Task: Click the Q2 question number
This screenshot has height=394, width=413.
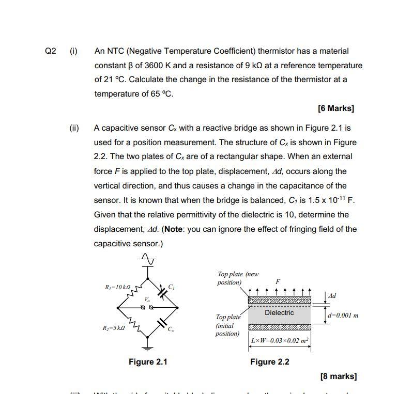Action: pos(50,51)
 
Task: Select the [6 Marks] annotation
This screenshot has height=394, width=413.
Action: pos(336,108)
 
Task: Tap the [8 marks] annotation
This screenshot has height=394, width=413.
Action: pos(338,376)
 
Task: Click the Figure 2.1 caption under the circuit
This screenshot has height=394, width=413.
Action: pos(148,362)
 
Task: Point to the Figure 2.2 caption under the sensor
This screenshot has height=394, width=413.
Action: pos(270,362)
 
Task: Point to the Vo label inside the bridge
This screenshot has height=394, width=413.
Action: pos(147,299)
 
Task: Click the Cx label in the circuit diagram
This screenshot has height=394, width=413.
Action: pos(171,329)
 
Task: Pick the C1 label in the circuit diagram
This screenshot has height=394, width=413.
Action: pos(171,287)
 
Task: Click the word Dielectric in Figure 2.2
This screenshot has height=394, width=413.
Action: pos(279,313)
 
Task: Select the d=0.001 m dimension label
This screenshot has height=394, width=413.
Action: pos(343,316)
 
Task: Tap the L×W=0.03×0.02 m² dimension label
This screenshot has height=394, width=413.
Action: pos(280,341)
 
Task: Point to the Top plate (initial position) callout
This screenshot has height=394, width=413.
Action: pos(227,325)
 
